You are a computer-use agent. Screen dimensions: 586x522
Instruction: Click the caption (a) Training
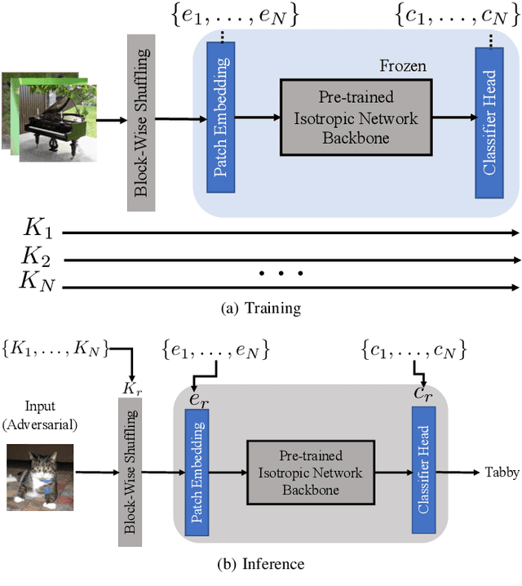[x=260, y=309]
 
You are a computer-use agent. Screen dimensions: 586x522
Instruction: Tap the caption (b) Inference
[x=260, y=563]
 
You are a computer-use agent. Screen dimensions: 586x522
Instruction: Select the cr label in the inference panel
[x=423, y=394]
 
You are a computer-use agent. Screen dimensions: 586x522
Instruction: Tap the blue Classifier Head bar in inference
[x=423, y=473]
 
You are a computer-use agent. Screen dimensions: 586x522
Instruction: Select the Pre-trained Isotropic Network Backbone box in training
[x=355, y=118]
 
